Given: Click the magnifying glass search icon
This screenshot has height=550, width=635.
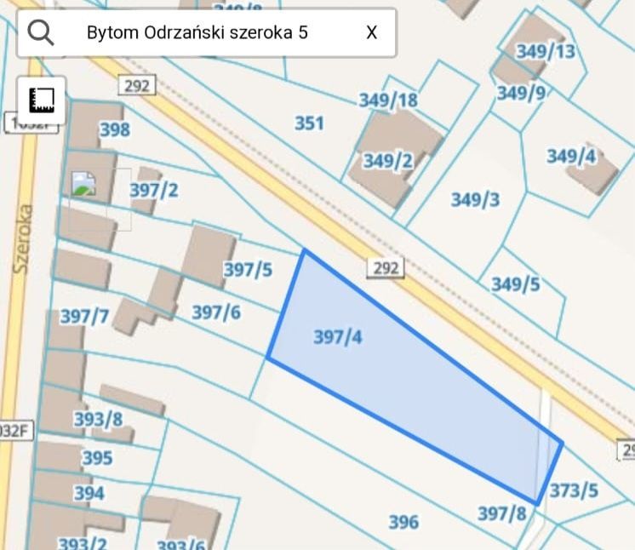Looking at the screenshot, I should click(x=40, y=32).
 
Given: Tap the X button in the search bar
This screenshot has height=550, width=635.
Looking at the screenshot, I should click(x=372, y=32).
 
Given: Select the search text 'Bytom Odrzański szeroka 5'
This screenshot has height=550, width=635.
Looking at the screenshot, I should click(x=197, y=32).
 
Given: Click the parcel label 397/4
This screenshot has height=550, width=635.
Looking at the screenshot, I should click(x=338, y=337).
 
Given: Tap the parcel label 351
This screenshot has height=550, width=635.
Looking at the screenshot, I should click(x=309, y=123).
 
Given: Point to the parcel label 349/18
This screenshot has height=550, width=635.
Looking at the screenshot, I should click(x=388, y=100).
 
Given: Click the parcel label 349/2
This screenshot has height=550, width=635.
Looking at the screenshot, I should click(x=388, y=161).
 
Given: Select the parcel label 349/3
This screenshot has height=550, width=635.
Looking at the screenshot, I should click(x=475, y=199).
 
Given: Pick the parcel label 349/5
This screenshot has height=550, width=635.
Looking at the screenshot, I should click(x=515, y=284).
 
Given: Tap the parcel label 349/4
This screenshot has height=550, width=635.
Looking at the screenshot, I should click(x=571, y=157).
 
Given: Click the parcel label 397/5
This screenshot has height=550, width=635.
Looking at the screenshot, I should click(x=248, y=270).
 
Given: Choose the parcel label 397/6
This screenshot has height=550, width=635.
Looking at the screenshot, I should click(x=216, y=312).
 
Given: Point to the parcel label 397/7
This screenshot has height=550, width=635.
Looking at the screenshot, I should click(x=84, y=317).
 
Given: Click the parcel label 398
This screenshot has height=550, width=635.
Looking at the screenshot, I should click(x=115, y=129).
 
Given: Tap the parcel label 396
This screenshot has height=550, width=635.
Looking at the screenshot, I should click(x=403, y=521).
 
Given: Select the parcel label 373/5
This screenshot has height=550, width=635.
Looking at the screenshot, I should click(x=574, y=490).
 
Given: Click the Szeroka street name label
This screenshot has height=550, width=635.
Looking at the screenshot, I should click(x=23, y=238).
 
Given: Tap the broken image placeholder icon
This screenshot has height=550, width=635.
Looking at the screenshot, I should click(x=83, y=184).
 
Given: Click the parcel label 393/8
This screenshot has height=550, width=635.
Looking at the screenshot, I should click(x=98, y=419).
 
